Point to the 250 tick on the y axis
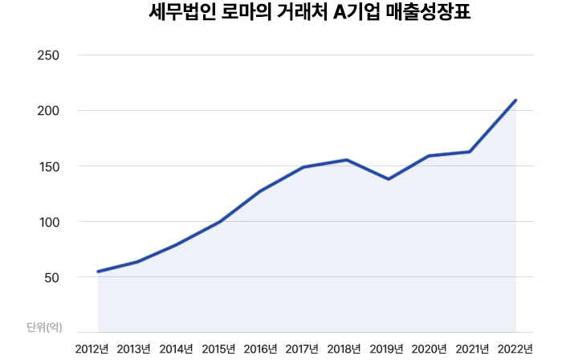point(49,55)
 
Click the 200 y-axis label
point(49,111)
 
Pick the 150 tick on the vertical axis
point(49,166)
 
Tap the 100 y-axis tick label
point(49,222)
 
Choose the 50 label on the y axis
point(52,277)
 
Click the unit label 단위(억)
point(44,326)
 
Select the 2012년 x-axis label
point(92,349)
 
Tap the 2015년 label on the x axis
point(218,349)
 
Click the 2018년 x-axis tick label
point(344,349)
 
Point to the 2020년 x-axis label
point(429,349)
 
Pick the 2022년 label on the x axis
point(515,349)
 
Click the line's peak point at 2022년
point(515,100)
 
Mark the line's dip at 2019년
point(389,179)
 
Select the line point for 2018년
point(346,160)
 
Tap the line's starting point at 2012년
point(98,272)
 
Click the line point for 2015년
point(220,222)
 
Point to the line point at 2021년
point(470,152)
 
